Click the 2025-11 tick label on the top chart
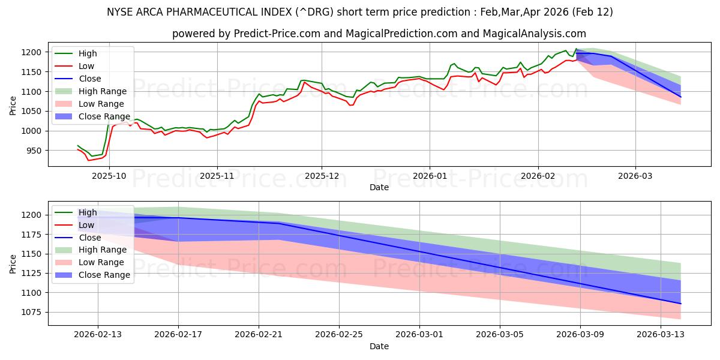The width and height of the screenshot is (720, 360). click(x=217, y=176)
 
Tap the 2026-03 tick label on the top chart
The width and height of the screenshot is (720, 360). click(x=635, y=176)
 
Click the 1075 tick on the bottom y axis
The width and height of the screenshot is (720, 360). click(x=33, y=312)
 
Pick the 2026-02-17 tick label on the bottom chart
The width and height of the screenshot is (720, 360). click(x=178, y=335)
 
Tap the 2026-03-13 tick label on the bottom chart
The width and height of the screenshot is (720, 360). click(x=661, y=335)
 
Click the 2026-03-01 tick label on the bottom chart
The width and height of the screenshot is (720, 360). click(x=419, y=335)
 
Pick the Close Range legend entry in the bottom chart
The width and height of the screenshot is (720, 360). click(x=104, y=275)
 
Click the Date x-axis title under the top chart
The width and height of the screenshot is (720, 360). click(x=379, y=187)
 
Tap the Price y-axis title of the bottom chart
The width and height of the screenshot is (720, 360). click(x=13, y=263)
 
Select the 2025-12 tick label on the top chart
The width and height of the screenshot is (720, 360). click(x=322, y=176)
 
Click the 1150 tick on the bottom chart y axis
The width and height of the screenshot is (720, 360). click(x=33, y=254)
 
